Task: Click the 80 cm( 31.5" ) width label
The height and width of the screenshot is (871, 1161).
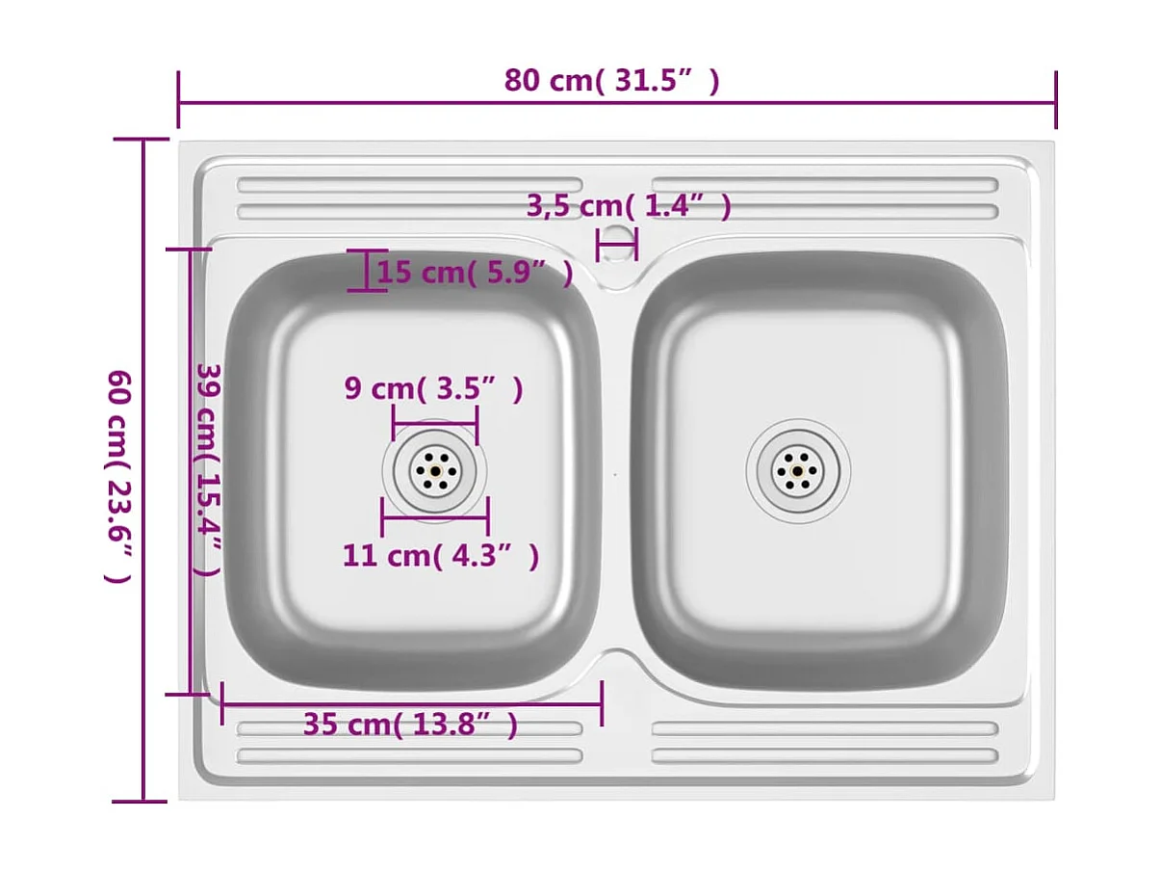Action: [x=611, y=81]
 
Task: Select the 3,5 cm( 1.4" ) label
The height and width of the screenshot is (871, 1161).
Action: [x=628, y=206]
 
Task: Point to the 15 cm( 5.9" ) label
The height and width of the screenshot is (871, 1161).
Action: [x=474, y=273]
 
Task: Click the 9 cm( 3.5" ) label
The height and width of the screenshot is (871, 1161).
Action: [x=433, y=389]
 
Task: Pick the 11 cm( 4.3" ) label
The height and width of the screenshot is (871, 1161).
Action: [x=440, y=556]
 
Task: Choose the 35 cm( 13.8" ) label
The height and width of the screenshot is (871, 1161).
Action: [x=410, y=724]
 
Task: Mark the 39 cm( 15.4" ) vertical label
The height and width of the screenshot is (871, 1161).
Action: [x=208, y=469]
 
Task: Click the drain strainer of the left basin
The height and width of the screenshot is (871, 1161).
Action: [x=435, y=471]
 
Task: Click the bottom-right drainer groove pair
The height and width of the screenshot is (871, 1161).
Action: [x=825, y=743]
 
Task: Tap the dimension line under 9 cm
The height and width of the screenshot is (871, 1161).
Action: [x=435, y=422]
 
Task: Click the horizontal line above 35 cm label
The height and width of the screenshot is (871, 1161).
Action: [x=412, y=702]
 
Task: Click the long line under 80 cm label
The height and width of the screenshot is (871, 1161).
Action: [x=617, y=101]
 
